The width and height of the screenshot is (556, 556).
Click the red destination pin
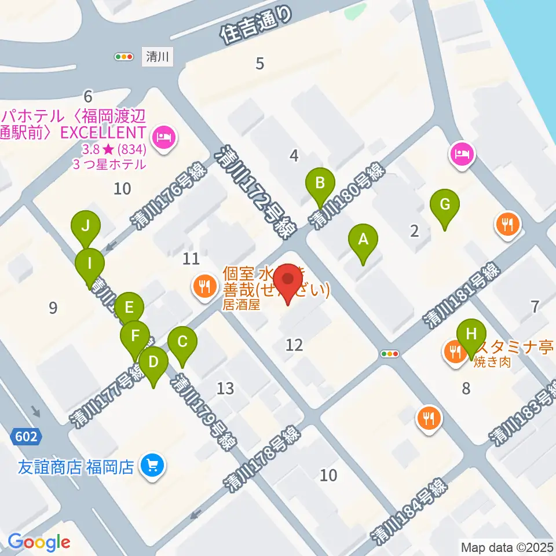click(288, 282)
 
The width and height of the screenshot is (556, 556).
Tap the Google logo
click(39, 542)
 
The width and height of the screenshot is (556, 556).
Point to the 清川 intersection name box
click(156, 57)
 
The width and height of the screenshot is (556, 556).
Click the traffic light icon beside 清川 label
click(125, 57)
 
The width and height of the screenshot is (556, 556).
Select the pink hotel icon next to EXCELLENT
click(164, 138)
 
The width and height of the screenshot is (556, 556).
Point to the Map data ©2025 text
click(507, 546)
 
